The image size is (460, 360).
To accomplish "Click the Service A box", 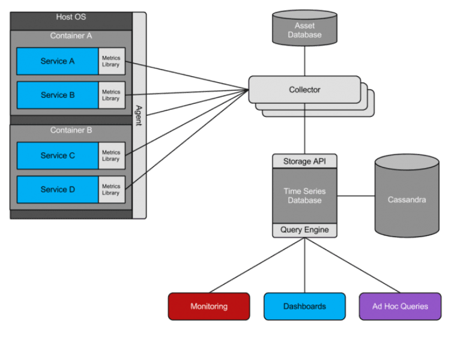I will (58, 61).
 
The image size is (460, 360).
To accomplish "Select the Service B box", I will (58, 95).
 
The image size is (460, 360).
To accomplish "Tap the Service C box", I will (58, 155).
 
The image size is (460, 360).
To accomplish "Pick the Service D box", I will (58, 189).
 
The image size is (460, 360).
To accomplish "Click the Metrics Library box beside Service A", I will (111, 61).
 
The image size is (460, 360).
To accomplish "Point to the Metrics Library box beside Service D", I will (111, 189).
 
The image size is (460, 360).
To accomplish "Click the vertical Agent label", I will (139, 115).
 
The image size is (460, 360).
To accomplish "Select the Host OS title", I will (71, 17).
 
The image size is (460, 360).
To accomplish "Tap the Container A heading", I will (71, 36).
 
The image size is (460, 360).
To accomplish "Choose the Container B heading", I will (71, 130).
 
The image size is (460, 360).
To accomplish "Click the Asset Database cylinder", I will (304, 31).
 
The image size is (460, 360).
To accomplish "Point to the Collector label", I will (304, 90).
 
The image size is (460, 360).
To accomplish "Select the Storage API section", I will (305, 161).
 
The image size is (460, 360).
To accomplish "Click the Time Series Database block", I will (305, 196).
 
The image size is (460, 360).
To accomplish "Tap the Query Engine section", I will (305, 230).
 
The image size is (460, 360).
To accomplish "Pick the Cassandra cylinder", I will (407, 199).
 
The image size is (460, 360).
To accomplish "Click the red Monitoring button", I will (208, 306).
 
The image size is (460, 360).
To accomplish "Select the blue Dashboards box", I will (304, 306).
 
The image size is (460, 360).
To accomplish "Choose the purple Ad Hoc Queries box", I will (400, 306).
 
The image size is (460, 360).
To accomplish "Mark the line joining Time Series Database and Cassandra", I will (356, 196).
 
